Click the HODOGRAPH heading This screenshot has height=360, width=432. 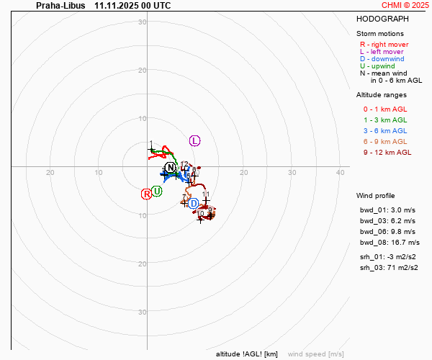pos(382,19)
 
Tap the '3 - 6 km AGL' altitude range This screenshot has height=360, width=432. pos(384,130)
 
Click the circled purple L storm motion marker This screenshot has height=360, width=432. pos(194,140)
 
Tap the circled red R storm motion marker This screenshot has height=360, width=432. pos(146,193)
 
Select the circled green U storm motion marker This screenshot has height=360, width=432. pos(156,191)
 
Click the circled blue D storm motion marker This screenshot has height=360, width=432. pos(194,204)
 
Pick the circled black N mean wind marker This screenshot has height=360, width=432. pos(170,168)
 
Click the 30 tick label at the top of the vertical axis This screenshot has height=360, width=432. pos(143,22)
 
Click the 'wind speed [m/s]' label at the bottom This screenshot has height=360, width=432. pos(315,354)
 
